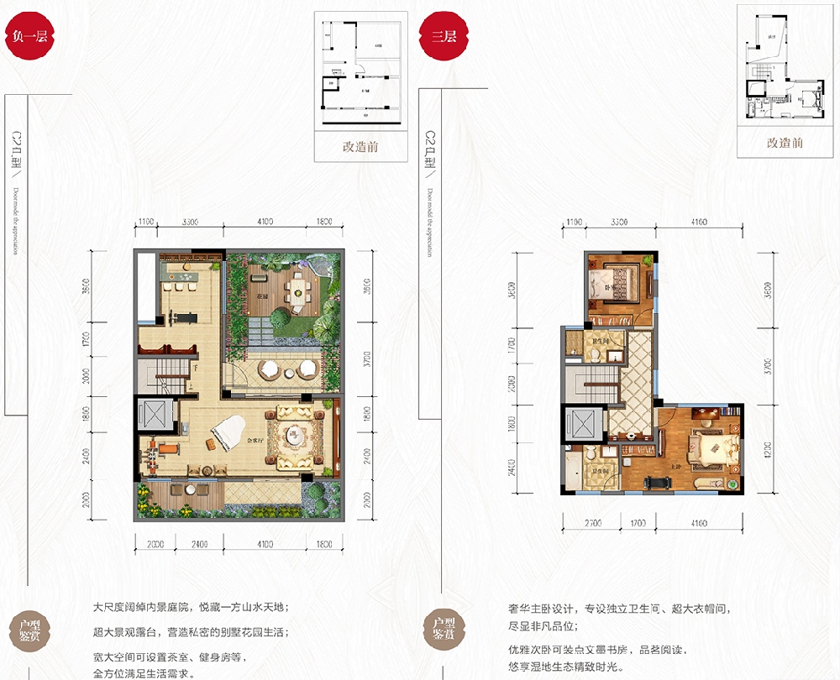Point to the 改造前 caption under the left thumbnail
point(360,146)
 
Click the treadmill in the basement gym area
point(179,317)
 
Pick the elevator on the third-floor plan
point(582,424)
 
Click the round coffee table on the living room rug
point(295,435)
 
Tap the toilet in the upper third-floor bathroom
point(596,353)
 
